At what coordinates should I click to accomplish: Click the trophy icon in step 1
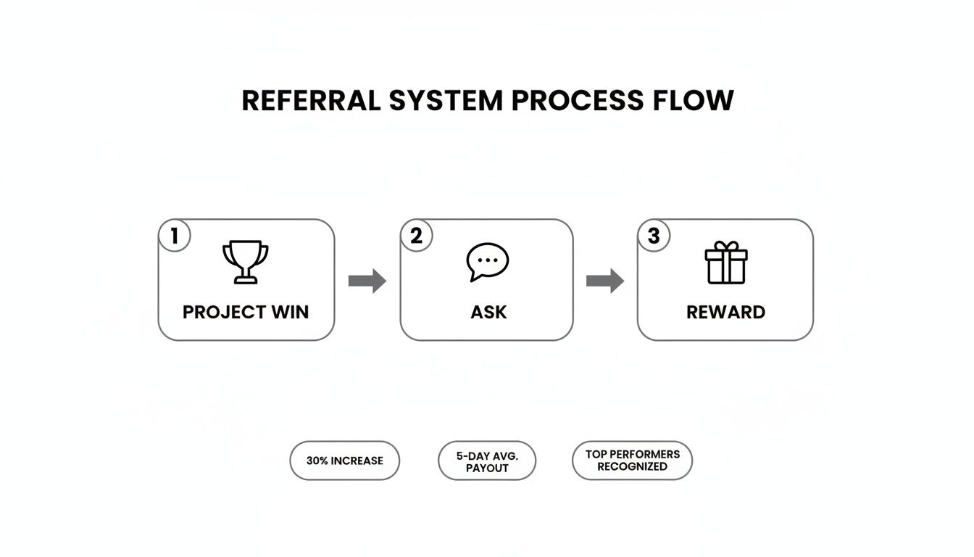point(245,262)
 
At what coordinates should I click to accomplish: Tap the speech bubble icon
point(487,262)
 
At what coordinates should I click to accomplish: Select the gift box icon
point(725,264)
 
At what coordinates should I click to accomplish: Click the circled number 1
point(174,236)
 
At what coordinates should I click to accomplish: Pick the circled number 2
point(416,236)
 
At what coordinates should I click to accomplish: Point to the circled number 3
point(654,236)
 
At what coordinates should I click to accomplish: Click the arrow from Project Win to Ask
point(367,281)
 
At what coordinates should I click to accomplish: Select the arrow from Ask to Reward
point(604,281)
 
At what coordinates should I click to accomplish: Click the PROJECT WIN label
point(246,313)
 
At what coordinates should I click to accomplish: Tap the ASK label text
point(488,313)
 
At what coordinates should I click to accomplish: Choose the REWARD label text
point(725,313)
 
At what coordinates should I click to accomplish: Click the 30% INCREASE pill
point(344,461)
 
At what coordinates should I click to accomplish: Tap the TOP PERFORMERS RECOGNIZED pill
point(632,461)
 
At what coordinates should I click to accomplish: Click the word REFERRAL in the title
point(311,101)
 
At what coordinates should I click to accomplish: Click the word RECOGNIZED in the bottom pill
point(632,467)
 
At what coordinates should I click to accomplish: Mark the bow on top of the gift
point(725,247)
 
